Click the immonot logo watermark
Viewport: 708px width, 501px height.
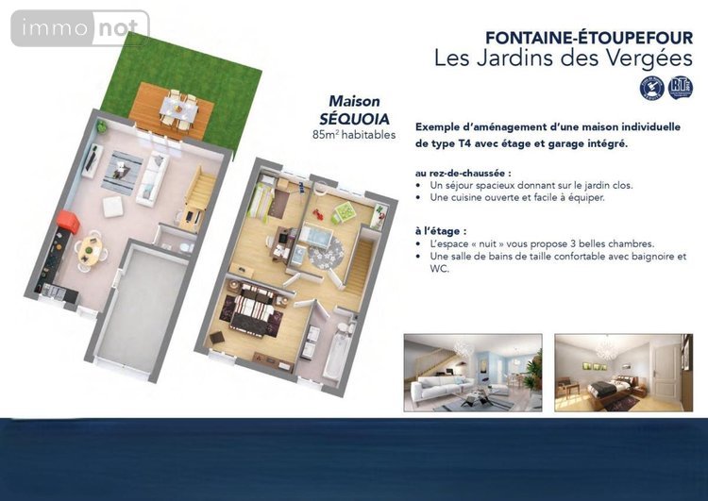tap(80, 28)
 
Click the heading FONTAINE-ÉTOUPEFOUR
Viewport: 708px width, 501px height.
tap(589, 38)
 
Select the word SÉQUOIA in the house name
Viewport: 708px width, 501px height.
tap(354, 119)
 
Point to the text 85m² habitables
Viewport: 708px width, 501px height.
tap(354, 135)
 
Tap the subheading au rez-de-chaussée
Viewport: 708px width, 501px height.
tap(464, 174)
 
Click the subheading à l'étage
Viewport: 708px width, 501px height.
tap(438, 231)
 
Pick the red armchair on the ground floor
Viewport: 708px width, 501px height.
tap(68, 222)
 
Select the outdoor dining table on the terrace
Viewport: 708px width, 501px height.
tap(178, 109)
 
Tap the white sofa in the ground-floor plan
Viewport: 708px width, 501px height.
tap(153, 179)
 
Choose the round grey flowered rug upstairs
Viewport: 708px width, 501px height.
tap(326, 254)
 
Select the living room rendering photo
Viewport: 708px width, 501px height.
tap(473, 373)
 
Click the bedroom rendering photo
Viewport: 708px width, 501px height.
tap(624, 373)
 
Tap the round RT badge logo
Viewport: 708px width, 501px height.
tap(680, 88)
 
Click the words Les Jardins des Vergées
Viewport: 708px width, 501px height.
tap(563, 58)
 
